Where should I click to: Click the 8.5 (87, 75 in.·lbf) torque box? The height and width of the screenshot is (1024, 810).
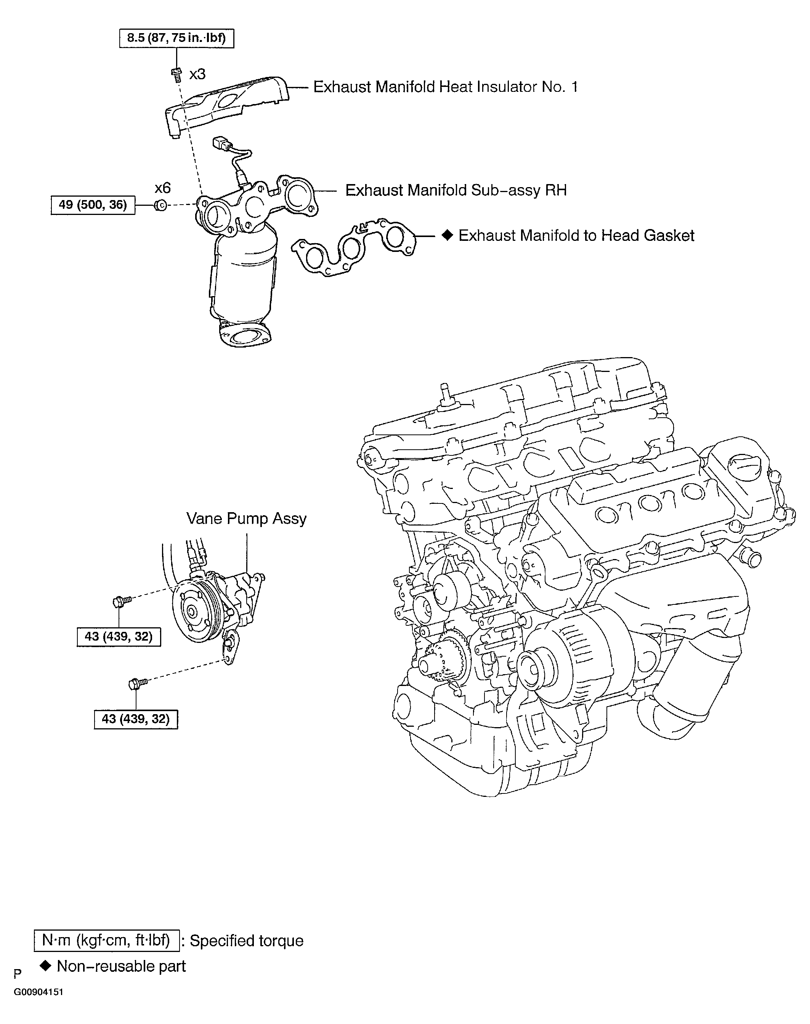(x=176, y=38)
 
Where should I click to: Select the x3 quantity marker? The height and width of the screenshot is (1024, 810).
(x=197, y=74)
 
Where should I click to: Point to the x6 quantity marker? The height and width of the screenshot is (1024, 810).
(x=163, y=188)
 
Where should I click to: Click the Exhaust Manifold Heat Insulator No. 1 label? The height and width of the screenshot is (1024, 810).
(x=446, y=87)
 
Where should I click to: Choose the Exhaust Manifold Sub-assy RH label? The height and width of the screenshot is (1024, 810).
(x=456, y=190)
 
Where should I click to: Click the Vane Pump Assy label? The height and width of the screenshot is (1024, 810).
(x=246, y=518)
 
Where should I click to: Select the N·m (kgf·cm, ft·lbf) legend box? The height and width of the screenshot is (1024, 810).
(x=107, y=941)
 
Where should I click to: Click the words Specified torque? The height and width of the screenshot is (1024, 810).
(x=247, y=941)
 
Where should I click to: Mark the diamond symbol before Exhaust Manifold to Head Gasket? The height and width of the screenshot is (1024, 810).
(x=447, y=235)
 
